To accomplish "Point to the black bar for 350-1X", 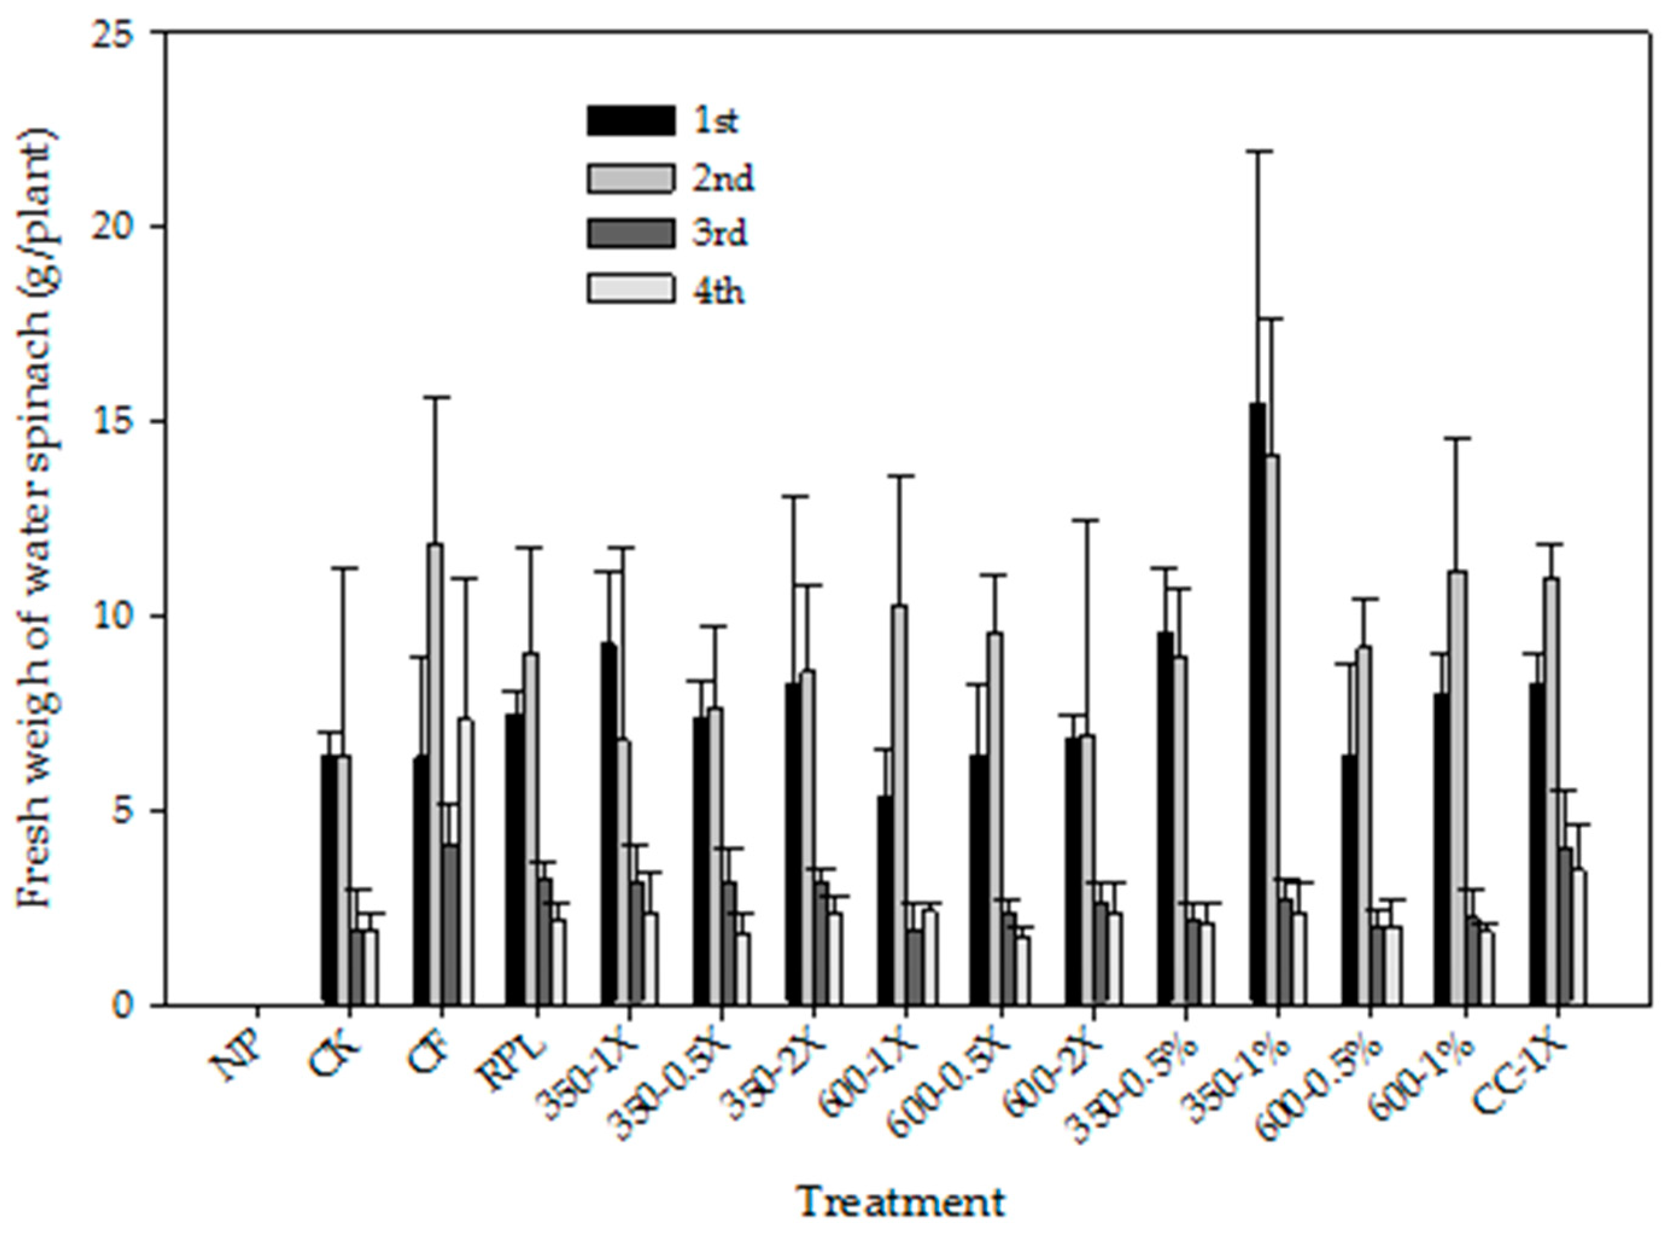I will tap(608, 821).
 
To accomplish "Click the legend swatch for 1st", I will tap(629, 120).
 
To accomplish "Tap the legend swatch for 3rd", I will tap(629, 234).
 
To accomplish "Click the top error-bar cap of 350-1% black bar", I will tap(1257, 151).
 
